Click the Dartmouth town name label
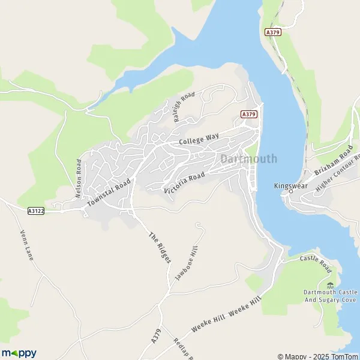(249, 159)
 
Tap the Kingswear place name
(290, 185)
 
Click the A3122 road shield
(36, 211)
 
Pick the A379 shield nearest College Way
(249, 114)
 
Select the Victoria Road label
(184, 182)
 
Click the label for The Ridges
(160, 247)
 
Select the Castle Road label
(316, 262)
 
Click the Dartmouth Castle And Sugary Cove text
(329, 295)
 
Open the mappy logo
(19, 353)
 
